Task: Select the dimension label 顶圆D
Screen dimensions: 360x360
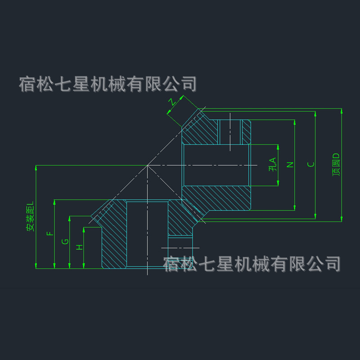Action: (x=336, y=165)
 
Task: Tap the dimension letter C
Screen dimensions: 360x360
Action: (x=310, y=164)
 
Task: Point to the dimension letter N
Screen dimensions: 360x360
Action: (x=290, y=164)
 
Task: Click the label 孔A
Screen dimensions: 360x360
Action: (x=272, y=165)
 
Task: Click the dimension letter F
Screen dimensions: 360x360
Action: (x=50, y=234)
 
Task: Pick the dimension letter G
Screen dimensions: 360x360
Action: (x=65, y=242)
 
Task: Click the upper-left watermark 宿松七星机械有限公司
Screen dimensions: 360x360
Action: (x=108, y=84)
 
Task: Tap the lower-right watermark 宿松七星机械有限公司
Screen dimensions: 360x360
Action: (x=252, y=264)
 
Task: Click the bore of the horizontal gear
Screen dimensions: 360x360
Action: (x=216, y=165)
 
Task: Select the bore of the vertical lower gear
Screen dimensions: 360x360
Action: (x=147, y=234)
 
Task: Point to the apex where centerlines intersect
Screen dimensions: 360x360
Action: (x=148, y=166)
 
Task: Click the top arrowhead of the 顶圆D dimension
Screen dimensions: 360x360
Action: (x=342, y=111)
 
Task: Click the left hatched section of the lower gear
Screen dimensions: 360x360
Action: (x=113, y=234)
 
